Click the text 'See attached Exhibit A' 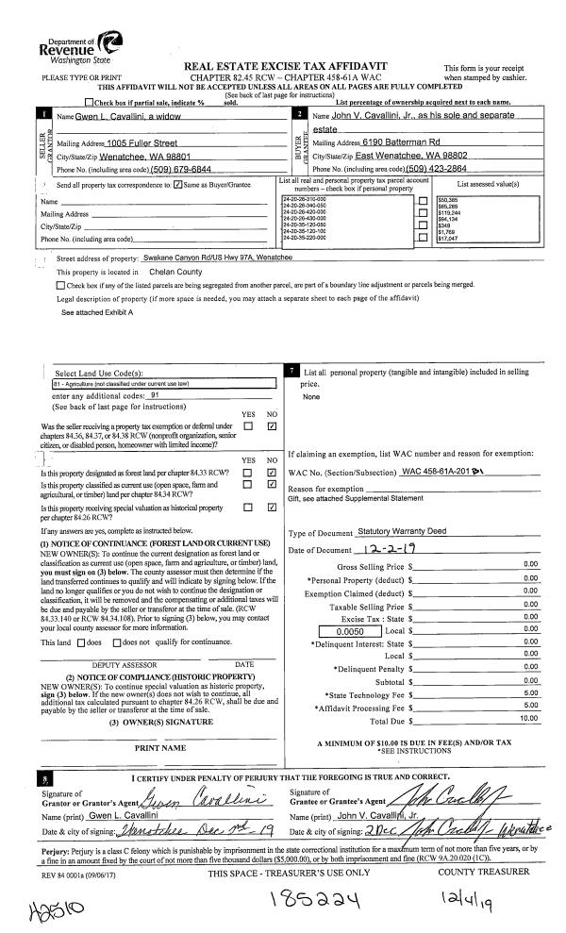point(97,310)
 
